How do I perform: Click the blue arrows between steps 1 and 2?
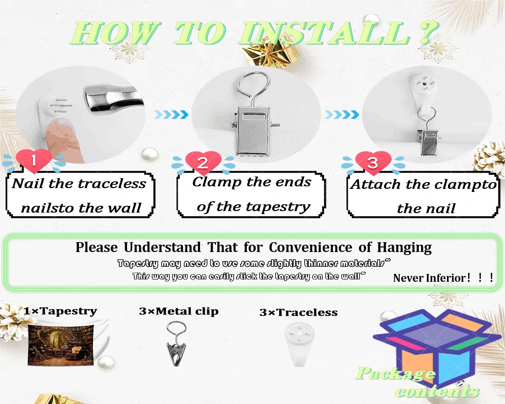(x=171, y=115)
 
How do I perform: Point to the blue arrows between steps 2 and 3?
(x=342, y=115)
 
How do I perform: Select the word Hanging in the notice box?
(x=404, y=248)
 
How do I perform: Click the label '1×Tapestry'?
(x=60, y=311)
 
